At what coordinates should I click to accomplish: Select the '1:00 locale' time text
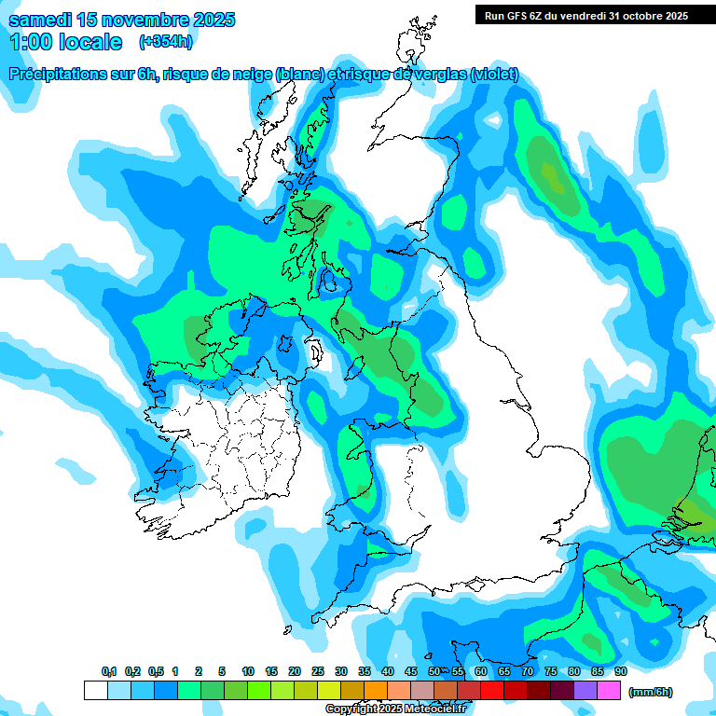click(x=66, y=42)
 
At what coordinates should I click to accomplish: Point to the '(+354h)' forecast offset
click(x=165, y=42)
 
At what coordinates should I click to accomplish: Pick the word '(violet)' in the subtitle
click(x=494, y=76)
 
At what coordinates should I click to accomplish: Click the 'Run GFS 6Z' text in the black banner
click(x=516, y=16)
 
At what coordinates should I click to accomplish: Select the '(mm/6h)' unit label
click(x=651, y=692)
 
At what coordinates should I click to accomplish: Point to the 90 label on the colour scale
click(x=620, y=672)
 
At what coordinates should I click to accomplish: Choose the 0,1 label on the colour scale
click(x=109, y=672)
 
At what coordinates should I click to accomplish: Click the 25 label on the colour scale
click(x=318, y=672)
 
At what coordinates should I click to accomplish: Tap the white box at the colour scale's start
click(x=95, y=691)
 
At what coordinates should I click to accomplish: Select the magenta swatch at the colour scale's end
click(x=609, y=691)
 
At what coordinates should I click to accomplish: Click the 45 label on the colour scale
click(x=411, y=672)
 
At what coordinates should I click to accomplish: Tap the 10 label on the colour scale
click(x=248, y=672)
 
